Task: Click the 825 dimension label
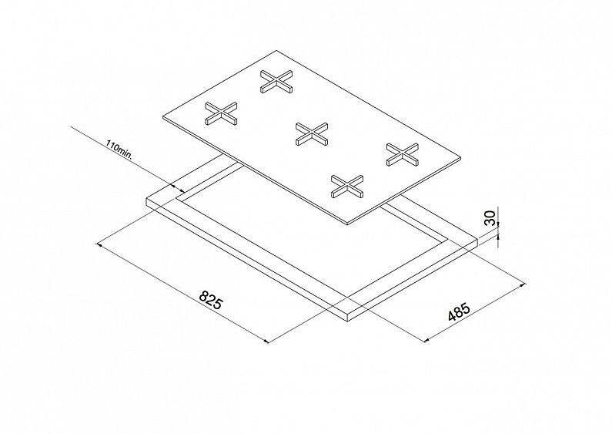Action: point(210,300)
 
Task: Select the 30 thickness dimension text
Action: point(490,218)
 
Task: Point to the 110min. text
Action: point(119,150)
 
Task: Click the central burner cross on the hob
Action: point(312,133)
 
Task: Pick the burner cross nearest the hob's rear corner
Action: point(276,81)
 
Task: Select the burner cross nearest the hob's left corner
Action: point(221,113)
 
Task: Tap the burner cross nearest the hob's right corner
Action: point(403,154)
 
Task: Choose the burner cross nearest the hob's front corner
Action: point(347,186)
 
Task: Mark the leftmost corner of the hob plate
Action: point(162,118)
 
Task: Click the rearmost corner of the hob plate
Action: point(276,50)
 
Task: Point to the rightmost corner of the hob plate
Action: point(461,157)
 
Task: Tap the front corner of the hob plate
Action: point(347,224)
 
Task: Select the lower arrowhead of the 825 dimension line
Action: point(266,341)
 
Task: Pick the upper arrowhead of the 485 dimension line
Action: point(523,285)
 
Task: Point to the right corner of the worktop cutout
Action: point(446,238)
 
